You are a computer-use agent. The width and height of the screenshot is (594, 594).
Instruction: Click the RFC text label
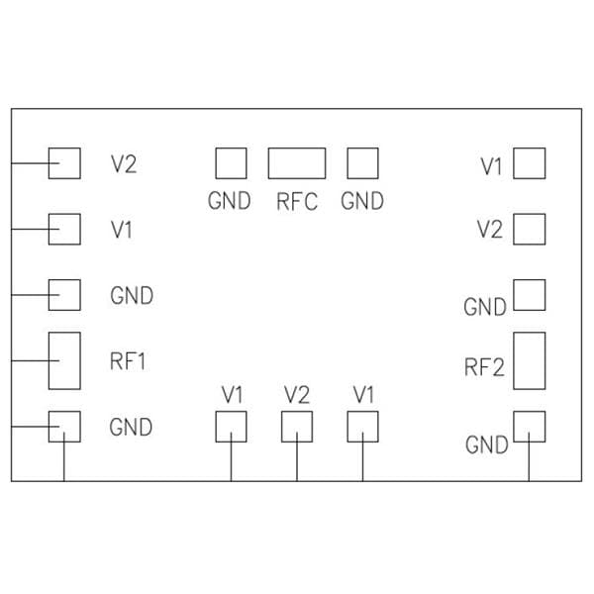(297, 201)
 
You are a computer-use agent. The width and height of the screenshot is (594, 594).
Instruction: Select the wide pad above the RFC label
(297, 163)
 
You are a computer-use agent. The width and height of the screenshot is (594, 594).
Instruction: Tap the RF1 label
(129, 361)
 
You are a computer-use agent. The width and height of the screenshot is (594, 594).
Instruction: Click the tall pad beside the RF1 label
(64, 360)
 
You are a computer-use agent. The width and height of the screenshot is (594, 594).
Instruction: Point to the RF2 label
(484, 369)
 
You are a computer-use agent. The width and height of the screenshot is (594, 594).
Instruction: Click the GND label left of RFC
(229, 201)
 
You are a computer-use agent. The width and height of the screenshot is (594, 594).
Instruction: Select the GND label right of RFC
(361, 201)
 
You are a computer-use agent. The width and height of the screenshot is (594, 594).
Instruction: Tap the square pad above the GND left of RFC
(231, 163)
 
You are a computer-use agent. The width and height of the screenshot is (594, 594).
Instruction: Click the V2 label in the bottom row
(297, 394)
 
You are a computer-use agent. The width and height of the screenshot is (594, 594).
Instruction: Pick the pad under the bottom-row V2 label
(297, 427)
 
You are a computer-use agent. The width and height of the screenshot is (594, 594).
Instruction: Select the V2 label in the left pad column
(124, 164)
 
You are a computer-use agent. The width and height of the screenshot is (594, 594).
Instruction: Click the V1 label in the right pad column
(492, 166)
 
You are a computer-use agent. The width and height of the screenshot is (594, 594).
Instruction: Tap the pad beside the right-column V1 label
(530, 163)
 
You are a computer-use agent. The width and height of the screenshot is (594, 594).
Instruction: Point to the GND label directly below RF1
(131, 428)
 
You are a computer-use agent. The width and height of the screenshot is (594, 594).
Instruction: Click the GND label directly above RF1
(131, 295)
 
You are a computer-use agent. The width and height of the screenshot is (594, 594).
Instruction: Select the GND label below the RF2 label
(486, 445)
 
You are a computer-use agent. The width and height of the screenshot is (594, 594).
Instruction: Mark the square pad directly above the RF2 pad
(530, 295)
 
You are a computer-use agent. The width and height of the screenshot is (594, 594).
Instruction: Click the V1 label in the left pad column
(122, 230)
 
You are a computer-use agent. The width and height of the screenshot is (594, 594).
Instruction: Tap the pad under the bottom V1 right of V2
(363, 427)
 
